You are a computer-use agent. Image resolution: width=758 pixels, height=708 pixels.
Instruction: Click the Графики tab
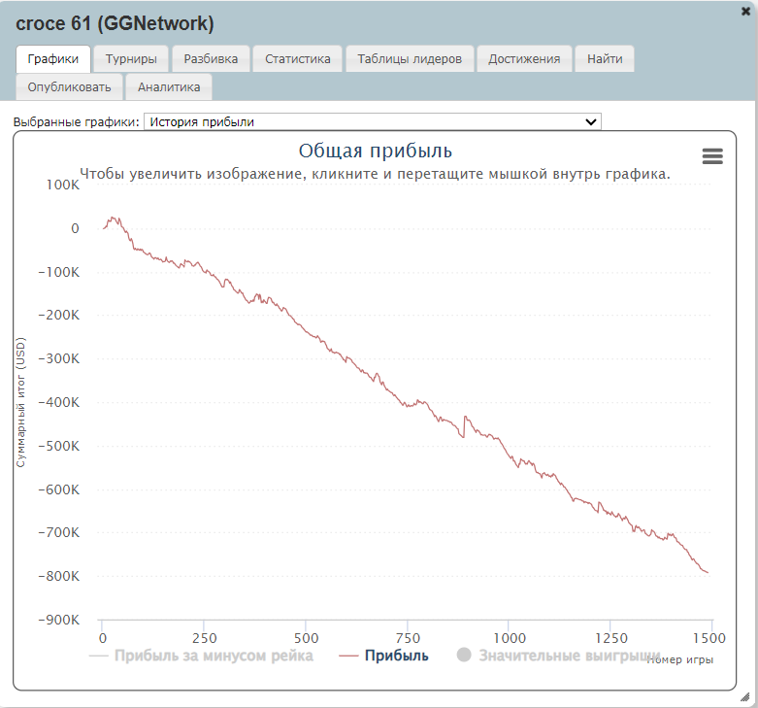click(53, 59)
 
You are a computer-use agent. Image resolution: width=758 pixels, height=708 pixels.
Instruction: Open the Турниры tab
click(131, 59)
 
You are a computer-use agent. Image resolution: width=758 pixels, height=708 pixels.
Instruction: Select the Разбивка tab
click(211, 59)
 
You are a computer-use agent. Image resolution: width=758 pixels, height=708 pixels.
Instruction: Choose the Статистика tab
click(298, 59)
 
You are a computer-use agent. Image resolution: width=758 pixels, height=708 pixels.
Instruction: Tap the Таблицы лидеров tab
click(410, 59)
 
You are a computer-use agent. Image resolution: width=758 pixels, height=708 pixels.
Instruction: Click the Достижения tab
click(524, 59)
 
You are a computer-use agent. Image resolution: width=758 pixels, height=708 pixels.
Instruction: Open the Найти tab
click(605, 59)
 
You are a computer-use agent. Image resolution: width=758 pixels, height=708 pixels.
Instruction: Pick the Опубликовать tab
click(70, 87)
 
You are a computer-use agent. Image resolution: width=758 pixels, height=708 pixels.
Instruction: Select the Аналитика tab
click(169, 87)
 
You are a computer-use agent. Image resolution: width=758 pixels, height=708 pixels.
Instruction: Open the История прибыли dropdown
click(373, 121)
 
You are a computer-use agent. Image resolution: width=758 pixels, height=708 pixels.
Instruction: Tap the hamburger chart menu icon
click(712, 156)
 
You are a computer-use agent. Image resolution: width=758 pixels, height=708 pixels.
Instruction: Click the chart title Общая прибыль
click(375, 151)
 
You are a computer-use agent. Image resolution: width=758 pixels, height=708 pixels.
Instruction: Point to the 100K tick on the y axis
click(62, 185)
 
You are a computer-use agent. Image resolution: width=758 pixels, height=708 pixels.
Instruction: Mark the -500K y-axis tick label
click(59, 446)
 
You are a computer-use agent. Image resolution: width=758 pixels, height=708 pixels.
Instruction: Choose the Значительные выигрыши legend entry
click(569, 657)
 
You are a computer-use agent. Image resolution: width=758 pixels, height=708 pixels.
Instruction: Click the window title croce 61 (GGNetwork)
click(115, 22)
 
